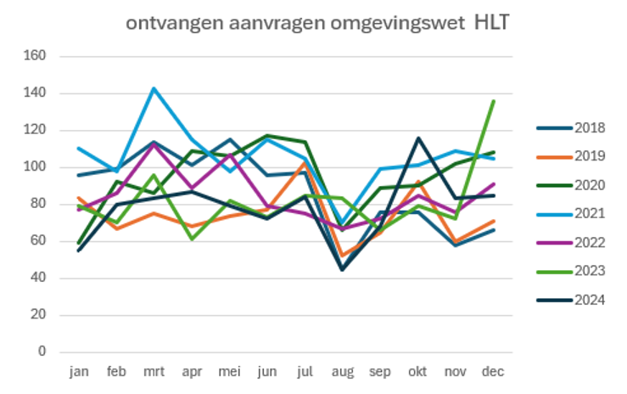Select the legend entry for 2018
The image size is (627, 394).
[589, 128]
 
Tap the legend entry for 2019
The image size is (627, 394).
[589, 156]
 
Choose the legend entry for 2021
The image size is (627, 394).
[589, 214]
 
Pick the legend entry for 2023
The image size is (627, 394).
[589, 271]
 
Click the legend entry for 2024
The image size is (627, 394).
[589, 299]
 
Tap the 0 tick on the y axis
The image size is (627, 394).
[41, 352]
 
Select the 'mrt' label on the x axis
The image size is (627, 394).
[154, 372]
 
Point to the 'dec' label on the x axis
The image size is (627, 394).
[493, 372]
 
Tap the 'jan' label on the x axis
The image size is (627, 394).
[79, 372]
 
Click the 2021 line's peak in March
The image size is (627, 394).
[154, 88]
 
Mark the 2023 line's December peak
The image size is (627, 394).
[494, 101]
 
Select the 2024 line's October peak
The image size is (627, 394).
[418, 138]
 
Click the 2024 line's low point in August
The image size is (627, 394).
[342, 269]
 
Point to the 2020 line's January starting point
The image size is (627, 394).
[79, 243]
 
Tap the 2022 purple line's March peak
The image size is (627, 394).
[154, 144]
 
